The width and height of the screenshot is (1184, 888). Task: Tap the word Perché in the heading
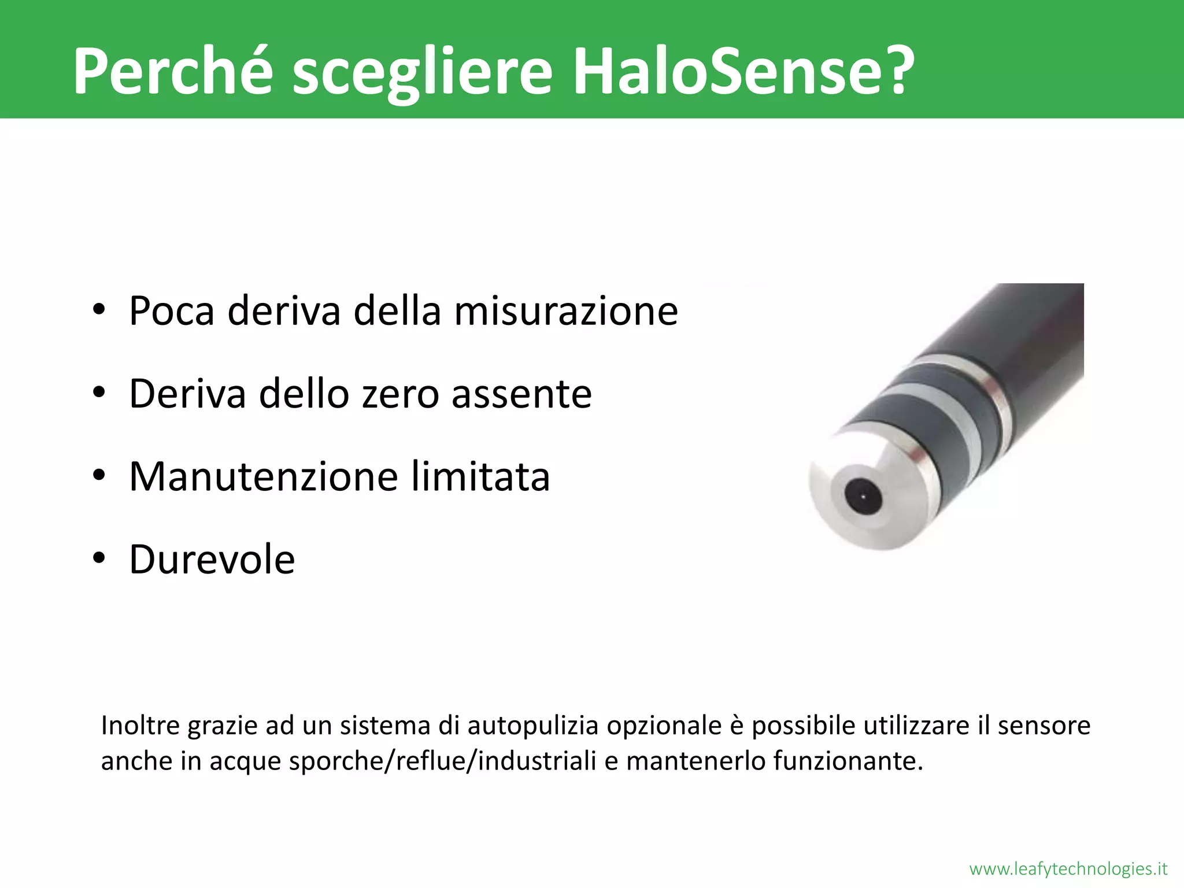(172, 71)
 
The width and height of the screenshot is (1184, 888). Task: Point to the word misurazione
(566, 311)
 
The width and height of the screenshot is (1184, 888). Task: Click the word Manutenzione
(264, 478)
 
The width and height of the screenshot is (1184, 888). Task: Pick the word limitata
(480, 478)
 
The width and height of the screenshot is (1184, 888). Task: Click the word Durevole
(212, 560)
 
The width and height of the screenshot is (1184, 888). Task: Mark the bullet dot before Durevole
(99, 558)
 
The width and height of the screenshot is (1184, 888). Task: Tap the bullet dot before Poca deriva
(99, 310)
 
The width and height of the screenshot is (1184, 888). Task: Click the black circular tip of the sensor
(863, 496)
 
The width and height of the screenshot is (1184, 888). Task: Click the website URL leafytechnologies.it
(1068, 869)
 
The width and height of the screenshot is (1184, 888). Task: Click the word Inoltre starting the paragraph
(140, 726)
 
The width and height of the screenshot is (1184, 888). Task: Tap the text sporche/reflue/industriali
(442, 761)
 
